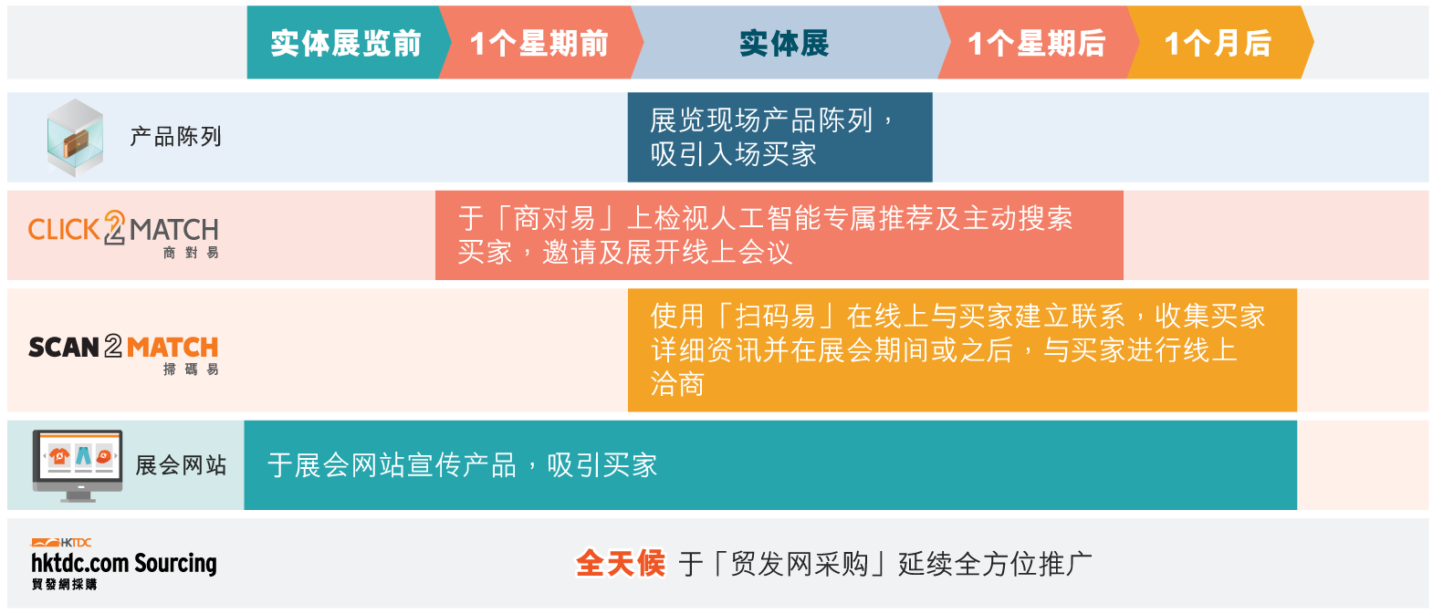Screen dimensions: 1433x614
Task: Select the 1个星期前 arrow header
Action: tap(539, 43)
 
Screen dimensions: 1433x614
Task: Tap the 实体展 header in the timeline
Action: tap(784, 43)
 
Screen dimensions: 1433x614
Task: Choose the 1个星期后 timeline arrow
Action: tap(1036, 43)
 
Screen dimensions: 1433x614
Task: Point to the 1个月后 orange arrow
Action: tap(1218, 43)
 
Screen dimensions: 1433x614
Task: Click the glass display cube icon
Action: tap(75, 138)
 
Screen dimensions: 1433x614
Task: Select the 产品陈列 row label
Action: tap(175, 137)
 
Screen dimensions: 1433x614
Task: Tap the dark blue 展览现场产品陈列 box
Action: tap(779, 137)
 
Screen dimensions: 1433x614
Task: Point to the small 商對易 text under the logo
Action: tap(191, 253)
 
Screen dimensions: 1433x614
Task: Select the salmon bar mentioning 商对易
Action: tap(779, 234)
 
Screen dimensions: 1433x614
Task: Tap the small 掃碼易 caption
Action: tap(191, 369)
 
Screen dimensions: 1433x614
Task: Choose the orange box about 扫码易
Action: tap(962, 349)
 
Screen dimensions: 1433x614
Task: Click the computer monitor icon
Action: tap(78, 465)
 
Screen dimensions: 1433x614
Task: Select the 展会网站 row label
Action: tap(181, 465)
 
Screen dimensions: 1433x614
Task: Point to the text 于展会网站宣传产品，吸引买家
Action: tap(462, 465)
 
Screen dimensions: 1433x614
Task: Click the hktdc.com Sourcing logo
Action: tap(124, 564)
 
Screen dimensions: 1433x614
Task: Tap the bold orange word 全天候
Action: tap(620, 564)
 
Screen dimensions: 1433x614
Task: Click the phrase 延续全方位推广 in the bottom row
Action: tap(995, 564)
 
